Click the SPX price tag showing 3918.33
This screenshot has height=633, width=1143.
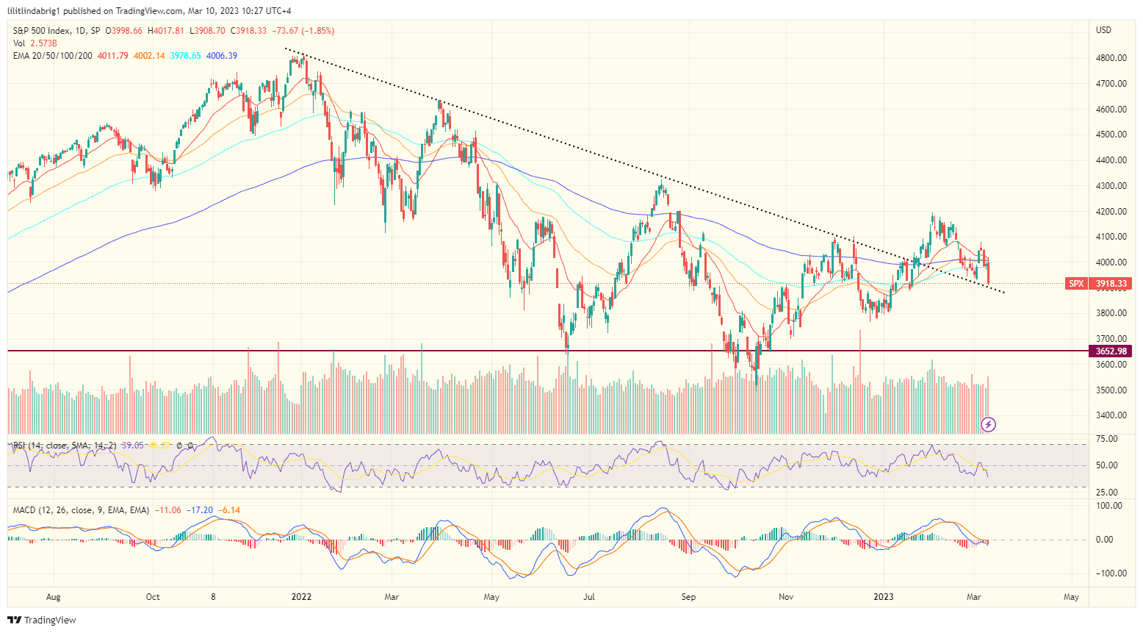pyautogui.click(x=1098, y=283)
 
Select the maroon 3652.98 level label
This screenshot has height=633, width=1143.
pyautogui.click(x=1111, y=351)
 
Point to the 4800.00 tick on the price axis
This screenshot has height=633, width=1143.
pyautogui.click(x=1111, y=58)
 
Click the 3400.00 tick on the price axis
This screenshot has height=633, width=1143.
pyautogui.click(x=1111, y=415)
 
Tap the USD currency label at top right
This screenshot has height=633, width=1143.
pyautogui.click(x=1103, y=30)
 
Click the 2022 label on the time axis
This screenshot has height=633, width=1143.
pyautogui.click(x=301, y=597)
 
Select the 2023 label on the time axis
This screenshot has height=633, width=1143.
pyautogui.click(x=883, y=597)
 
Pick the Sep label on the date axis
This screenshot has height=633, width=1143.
pyautogui.click(x=688, y=597)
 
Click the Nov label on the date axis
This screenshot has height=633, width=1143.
pyautogui.click(x=786, y=597)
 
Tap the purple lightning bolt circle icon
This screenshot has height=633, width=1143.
pyautogui.click(x=989, y=424)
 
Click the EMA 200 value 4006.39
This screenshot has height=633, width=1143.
pyautogui.click(x=222, y=56)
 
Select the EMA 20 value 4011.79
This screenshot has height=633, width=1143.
pyautogui.click(x=112, y=56)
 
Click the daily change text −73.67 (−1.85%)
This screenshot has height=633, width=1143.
pyautogui.click(x=303, y=31)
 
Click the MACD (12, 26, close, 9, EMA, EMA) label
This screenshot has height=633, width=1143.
pyautogui.click(x=81, y=510)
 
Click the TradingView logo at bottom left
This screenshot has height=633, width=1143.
pyautogui.click(x=43, y=620)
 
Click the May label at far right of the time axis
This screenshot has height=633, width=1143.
pyautogui.click(x=1071, y=597)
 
